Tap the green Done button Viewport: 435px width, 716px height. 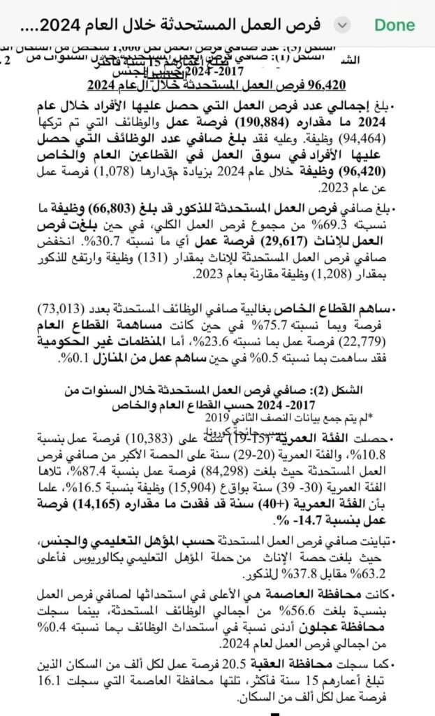(x=395, y=24)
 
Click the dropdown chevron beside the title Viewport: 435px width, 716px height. (x=341, y=24)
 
